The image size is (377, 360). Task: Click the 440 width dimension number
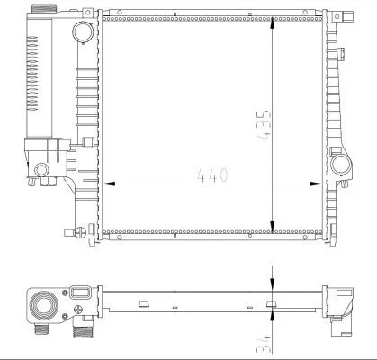tap(209, 174)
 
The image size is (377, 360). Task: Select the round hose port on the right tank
tap(340, 165)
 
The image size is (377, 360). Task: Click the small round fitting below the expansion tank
tap(43, 170)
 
